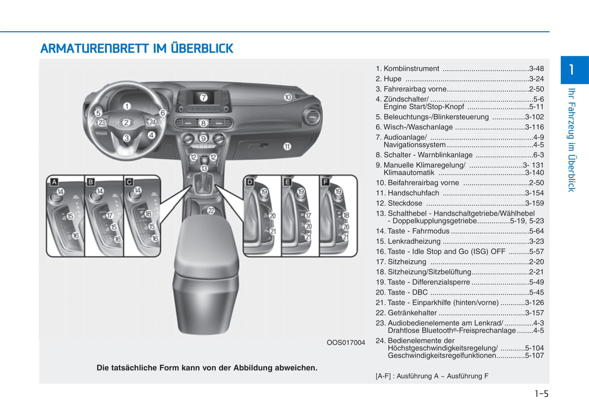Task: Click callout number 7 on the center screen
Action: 203,97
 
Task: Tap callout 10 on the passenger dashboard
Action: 288,97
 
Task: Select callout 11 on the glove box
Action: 287,146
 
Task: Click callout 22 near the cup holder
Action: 211,211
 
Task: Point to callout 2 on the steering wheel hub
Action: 126,122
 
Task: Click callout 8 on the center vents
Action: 203,123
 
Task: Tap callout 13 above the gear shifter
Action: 204,168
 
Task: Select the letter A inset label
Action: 53,182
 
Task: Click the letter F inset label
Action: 325,182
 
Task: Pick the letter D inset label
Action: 250,182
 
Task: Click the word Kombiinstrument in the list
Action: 411,69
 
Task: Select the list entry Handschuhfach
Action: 413,193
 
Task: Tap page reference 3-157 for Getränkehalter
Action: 534,313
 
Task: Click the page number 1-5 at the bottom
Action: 541,393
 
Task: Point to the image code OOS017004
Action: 346,343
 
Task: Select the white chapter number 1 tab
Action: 572,70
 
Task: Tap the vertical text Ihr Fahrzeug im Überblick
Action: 572,140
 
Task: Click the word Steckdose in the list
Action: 405,203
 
